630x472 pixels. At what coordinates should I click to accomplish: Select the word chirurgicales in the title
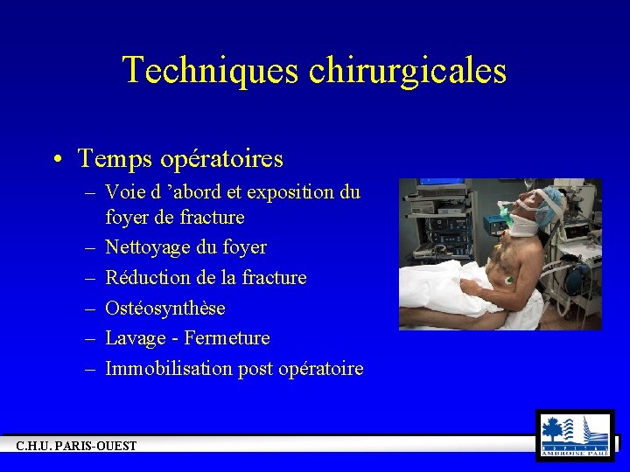coord(407,70)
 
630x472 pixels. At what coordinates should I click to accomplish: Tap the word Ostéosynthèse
coord(164,308)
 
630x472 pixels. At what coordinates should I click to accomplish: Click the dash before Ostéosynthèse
coord(90,308)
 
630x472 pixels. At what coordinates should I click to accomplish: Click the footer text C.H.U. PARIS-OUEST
coord(77,447)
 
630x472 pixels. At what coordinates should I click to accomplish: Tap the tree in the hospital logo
coord(554,429)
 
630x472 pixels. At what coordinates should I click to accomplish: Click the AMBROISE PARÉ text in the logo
coord(575,452)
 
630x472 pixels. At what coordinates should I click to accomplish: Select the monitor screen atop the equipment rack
coord(435,186)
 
